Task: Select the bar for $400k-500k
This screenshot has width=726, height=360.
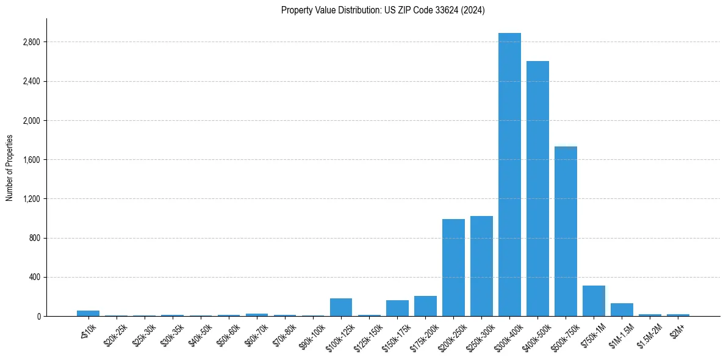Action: (x=537, y=189)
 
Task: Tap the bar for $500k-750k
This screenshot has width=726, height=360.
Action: (x=566, y=231)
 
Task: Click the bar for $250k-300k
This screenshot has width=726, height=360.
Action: (x=481, y=266)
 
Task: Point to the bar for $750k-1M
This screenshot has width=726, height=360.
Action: (x=594, y=301)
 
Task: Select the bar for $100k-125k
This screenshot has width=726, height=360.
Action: (x=341, y=307)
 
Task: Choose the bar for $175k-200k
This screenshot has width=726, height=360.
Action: (x=425, y=306)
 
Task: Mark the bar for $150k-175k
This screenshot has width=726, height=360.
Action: (x=397, y=308)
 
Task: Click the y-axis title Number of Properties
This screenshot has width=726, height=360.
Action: (x=9, y=167)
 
